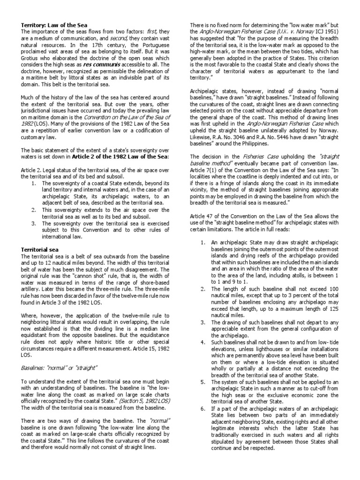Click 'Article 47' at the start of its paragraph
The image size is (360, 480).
pos(202,215)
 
